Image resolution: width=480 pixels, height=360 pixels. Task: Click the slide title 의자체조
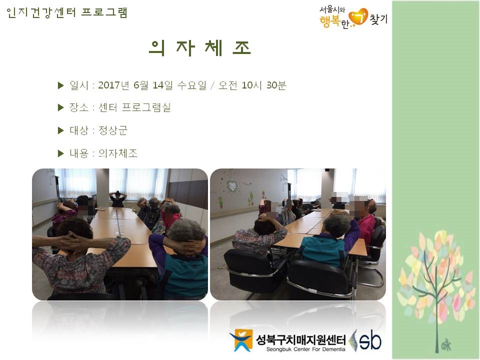200,48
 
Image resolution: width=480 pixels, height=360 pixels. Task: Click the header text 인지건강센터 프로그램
66,13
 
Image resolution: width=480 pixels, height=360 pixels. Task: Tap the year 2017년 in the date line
113,85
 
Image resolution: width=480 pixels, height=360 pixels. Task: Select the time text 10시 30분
263,85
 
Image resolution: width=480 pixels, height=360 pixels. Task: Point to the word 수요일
192,85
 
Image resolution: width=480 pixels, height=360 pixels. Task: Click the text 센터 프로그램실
134,107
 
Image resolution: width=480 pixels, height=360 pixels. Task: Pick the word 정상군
112,130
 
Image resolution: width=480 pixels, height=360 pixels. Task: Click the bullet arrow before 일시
60,85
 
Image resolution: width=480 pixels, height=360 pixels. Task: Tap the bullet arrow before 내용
60,153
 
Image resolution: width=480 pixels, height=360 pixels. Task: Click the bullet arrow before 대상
60,130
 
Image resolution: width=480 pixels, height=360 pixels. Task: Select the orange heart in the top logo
358,17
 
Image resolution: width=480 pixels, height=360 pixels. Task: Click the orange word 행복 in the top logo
329,21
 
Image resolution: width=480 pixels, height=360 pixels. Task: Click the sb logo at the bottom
365,340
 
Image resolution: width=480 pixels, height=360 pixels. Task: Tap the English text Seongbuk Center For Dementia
305,349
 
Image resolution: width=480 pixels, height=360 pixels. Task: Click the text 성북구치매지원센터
300,339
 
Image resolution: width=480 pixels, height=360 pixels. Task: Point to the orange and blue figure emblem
241,340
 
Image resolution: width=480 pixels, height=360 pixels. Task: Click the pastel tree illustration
436,284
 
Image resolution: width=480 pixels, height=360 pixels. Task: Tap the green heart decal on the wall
232,185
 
